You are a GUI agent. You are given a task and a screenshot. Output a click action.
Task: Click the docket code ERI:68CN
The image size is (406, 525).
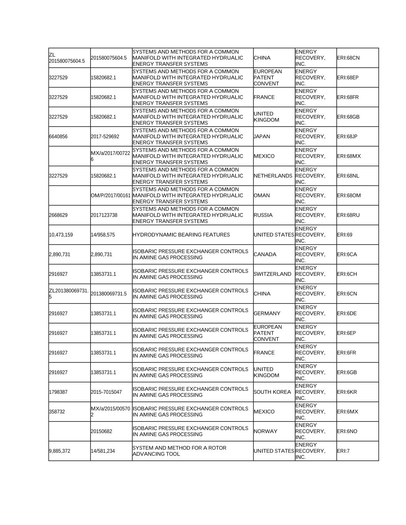[348, 58]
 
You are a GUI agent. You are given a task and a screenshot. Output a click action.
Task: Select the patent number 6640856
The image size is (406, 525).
[58, 137]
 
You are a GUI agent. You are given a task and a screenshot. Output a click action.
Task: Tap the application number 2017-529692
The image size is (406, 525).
[105, 137]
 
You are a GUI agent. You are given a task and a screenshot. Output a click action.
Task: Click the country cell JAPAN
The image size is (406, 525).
[262, 137]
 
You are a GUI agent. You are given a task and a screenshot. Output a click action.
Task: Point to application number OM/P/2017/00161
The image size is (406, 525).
[111, 195]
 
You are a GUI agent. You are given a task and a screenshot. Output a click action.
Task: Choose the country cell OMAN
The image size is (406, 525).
[262, 195]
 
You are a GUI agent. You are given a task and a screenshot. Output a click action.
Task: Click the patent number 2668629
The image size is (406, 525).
[58, 215]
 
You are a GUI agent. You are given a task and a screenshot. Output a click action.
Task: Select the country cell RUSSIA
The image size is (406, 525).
[263, 215]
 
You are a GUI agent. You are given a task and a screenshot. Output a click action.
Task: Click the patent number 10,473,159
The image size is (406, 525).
[61, 235]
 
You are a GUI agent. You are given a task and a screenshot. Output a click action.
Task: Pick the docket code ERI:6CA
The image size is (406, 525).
[347, 255]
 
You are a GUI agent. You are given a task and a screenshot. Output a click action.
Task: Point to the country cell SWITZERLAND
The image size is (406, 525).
[272, 274]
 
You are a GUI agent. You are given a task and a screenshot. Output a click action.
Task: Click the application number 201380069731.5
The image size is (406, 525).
[109, 294]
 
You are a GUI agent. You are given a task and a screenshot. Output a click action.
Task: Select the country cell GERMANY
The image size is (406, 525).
[267, 313]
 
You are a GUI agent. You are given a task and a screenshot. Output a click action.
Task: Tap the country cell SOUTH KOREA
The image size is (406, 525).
[272, 392]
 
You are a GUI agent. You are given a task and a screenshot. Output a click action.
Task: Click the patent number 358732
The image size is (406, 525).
[57, 412]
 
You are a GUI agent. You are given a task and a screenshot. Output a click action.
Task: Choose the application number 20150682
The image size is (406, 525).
[102, 431]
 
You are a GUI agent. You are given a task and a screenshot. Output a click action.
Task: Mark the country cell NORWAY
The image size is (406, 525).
[266, 431]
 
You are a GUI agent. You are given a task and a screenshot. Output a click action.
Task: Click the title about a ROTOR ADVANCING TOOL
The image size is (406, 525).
[179, 451]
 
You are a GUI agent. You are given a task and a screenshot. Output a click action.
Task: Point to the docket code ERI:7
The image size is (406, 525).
[343, 451]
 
